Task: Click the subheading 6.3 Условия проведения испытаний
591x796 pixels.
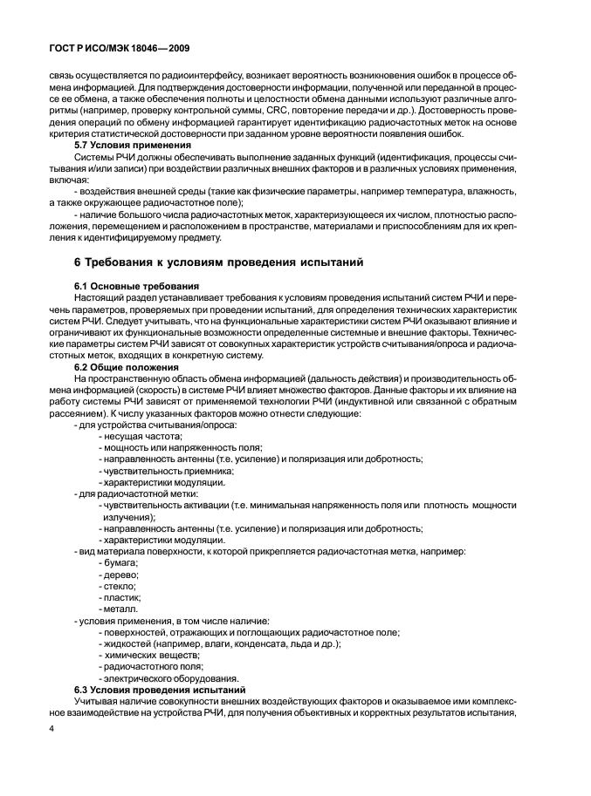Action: click(159, 689)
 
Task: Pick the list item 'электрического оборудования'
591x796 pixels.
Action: click(170, 677)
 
